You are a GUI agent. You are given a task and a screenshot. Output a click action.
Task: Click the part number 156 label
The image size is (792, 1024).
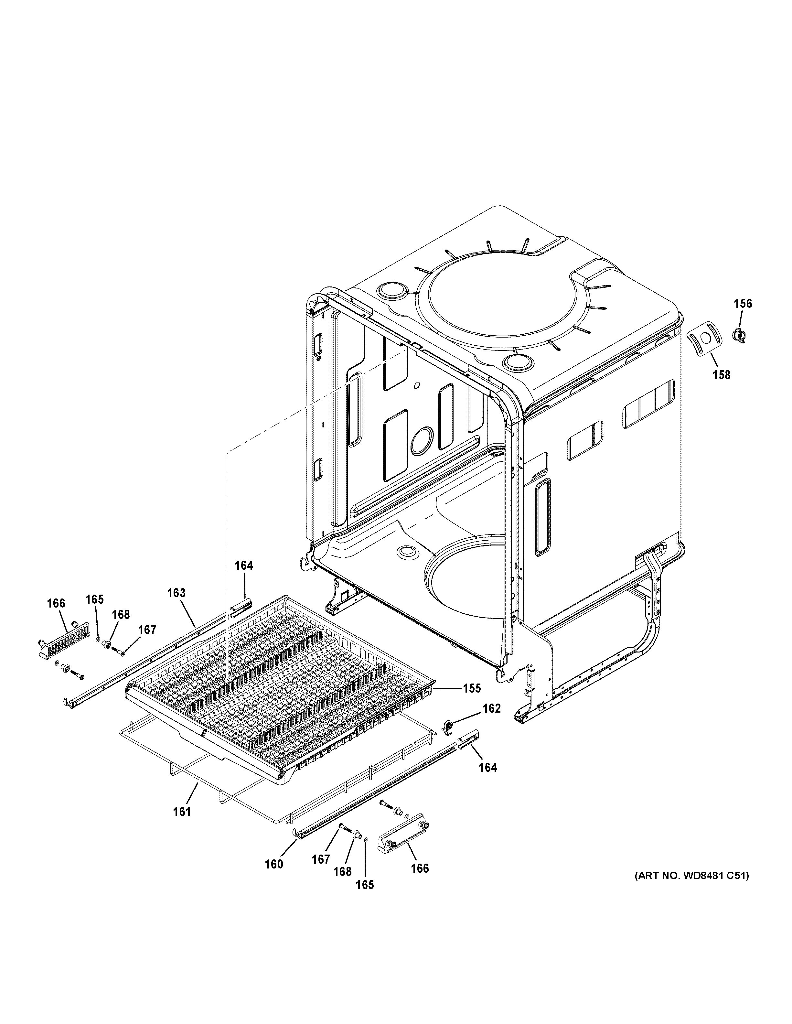742,304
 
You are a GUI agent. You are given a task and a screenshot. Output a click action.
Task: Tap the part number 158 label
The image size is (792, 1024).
721,375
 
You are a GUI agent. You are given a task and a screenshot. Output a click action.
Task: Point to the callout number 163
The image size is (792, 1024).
176,593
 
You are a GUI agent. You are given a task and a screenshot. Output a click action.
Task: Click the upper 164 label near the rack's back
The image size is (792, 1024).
244,566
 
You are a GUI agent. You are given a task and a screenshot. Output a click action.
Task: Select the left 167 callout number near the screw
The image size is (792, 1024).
147,630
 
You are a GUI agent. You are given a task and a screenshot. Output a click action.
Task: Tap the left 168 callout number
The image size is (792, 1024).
121,614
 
